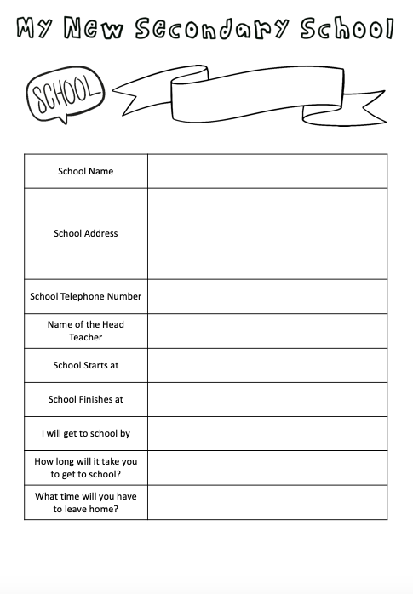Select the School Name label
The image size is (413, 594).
[x=85, y=171]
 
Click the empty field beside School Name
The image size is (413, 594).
[x=267, y=171]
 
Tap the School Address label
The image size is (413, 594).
[x=85, y=233]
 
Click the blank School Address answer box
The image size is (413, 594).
[x=267, y=233]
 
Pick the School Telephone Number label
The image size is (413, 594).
[x=85, y=296]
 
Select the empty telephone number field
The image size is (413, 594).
[x=267, y=296]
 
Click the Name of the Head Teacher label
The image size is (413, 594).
[x=85, y=330]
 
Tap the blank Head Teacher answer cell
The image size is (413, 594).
[x=267, y=330]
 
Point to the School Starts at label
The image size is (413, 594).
[x=85, y=365]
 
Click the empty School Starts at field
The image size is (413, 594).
[x=267, y=365]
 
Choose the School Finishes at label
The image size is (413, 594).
[x=85, y=399]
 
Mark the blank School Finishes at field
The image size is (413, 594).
[x=267, y=399]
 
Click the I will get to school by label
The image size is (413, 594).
[x=85, y=433]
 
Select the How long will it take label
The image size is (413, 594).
[x=85, y=467]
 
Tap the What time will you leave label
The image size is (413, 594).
[x=85, y=502]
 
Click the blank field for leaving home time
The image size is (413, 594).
[x=267, y=502]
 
